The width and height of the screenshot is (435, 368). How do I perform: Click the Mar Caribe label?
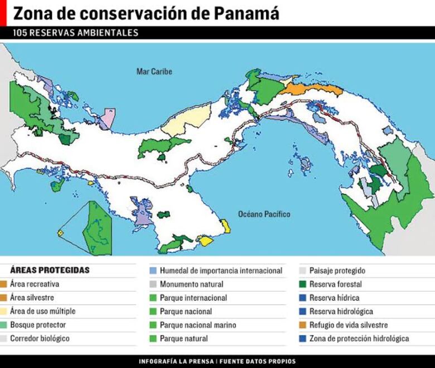tap(154, 72)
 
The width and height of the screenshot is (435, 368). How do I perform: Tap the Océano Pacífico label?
tap(264, 214)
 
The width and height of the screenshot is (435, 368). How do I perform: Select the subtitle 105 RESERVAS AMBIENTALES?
tap(75, 33)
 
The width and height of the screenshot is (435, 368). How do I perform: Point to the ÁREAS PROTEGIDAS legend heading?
tap(50, 270)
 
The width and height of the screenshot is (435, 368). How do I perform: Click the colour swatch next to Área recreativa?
tap(4, 284)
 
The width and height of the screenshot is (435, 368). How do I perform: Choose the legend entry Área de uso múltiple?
tap(42, 311)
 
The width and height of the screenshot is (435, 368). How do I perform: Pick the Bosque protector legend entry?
tap(37, 325)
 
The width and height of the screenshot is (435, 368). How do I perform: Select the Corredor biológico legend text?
tap(40, 338)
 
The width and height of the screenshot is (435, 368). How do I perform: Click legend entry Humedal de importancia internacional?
tap(221, 271)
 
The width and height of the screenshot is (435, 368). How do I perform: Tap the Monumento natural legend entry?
tap(191, 284)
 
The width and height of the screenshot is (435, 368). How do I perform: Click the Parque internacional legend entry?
tap(193, 298)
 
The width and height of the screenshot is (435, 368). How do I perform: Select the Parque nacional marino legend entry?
tap(197, 325)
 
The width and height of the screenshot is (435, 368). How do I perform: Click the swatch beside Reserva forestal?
tap(303, 284)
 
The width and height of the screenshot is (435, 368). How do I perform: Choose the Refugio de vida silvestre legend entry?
tap(349, 325)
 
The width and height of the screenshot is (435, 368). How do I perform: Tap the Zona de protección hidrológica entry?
tap(359, 338)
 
